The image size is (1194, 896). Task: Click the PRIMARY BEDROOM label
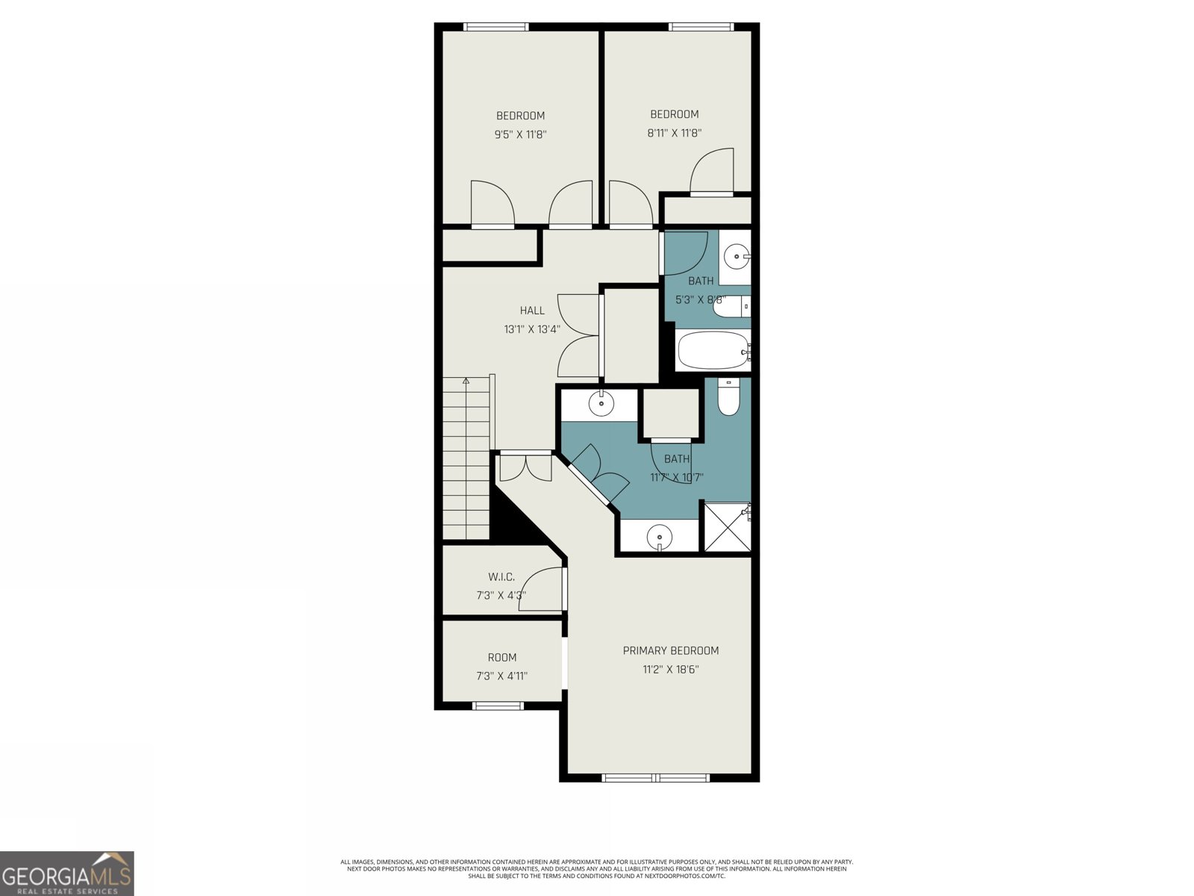(x=670, y=650)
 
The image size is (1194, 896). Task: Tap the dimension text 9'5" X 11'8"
(x=520, y=134)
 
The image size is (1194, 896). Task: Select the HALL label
(x=532, y=310)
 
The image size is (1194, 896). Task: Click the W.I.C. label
(x=501, y=576)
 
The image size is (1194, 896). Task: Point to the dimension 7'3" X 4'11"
(x=501, y=676)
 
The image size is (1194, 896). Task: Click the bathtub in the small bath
(x=713, y=351)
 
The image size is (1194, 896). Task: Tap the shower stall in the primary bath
(x=726, y=527)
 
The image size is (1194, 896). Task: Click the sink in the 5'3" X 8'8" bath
(x=737, y=257)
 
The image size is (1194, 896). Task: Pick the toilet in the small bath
(x=729, y=306)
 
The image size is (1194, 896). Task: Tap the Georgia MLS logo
(x=67, y=873)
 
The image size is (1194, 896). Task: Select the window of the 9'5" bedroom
(x=496, y=27)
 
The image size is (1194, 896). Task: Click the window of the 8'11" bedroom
(x=701, y=27)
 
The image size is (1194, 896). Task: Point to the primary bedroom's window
(x=656, y=777)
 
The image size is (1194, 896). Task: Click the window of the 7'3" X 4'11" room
(x=498, y=705)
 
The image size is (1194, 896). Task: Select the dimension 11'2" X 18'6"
(x=670, y=670)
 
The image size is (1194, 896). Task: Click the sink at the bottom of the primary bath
(x=660, y=536)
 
